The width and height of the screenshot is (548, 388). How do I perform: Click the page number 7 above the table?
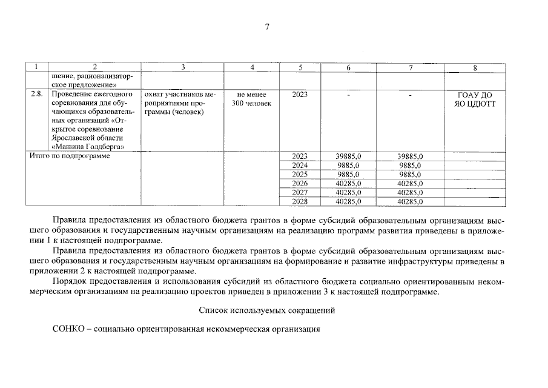click(266, 27)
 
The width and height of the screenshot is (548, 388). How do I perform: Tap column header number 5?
click(300, 67)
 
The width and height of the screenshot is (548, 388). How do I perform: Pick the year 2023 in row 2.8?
click(300, 95)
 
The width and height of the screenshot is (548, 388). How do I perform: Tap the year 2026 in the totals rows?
click(300, 183)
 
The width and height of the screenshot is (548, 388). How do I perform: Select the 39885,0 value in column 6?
click(348, 156)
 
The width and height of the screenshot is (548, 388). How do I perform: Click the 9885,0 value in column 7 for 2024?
click(410, 165)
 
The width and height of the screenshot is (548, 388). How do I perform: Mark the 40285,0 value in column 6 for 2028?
click(348, 201)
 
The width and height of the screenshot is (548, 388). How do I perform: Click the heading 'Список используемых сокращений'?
click(266, 311)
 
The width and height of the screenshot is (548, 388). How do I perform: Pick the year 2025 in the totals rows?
click(300, 174)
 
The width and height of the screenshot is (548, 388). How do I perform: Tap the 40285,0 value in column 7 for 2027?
click(410, 192)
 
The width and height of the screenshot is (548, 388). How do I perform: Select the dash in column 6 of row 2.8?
click(348, 95)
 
